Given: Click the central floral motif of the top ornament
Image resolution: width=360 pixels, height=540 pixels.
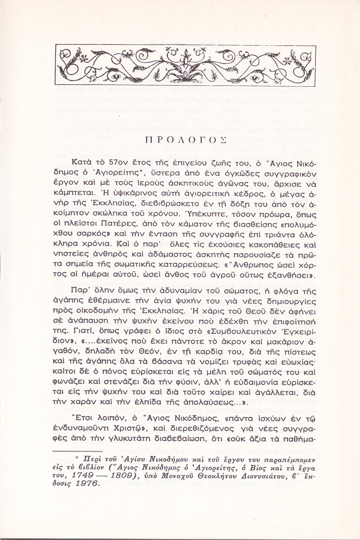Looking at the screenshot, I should pos(181,66).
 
